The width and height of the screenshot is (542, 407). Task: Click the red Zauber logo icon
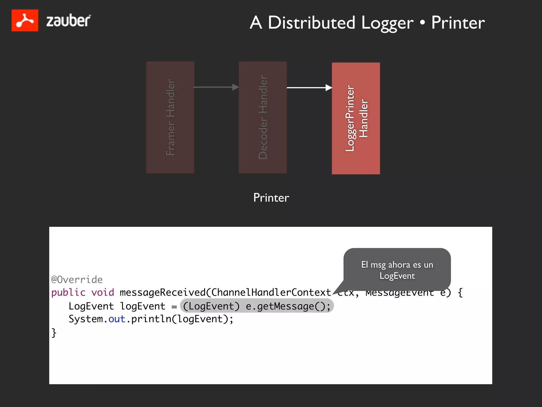tap(25, 20)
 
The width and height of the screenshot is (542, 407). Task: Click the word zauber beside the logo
tap(68, 21)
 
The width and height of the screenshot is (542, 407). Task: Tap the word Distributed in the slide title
tap(311, 23)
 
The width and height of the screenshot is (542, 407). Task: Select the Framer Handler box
tap(170, 117)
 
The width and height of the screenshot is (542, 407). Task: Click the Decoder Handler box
tap(263, 117)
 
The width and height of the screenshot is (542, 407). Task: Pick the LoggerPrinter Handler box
tap(356, 118)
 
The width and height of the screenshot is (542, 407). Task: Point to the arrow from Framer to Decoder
tap(216, 87)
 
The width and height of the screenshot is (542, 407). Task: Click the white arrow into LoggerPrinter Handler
tap(309, 87)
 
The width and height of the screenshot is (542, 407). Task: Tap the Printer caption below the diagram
tap(271, 198)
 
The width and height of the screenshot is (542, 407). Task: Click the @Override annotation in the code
tap(77, 280)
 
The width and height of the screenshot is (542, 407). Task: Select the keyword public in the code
tap(68, 293)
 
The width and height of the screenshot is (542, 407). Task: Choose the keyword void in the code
tap(103, 293)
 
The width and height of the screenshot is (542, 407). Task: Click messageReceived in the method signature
tap(162, 293)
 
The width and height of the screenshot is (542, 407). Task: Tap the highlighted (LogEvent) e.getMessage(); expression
tap(257, 306)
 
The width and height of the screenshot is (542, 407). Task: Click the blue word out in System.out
tap(117, 319)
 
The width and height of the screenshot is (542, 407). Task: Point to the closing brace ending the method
tap(54, 333)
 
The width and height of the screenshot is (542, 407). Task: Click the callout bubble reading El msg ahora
tap(397, 270)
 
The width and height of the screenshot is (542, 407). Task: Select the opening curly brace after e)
tap(460, 293)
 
